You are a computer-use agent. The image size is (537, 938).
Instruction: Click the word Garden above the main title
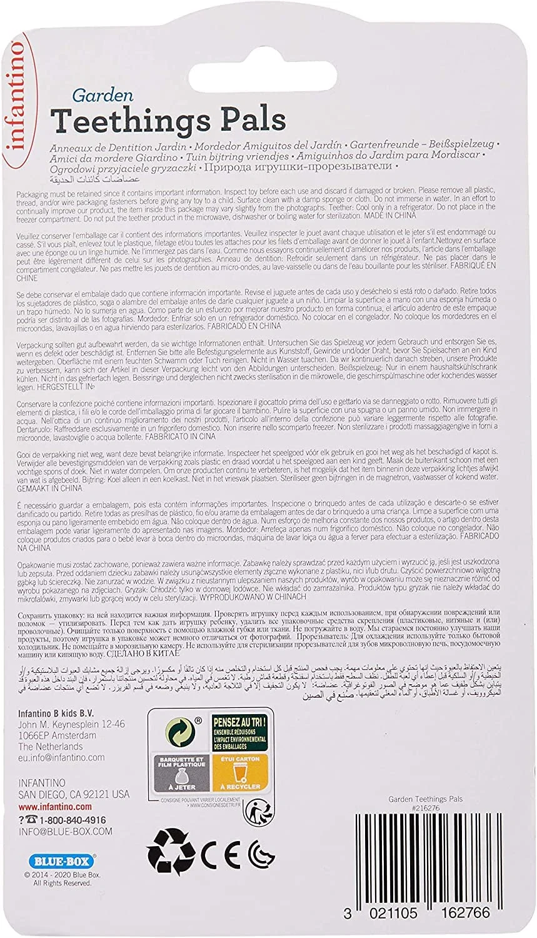click(x=93, y=96)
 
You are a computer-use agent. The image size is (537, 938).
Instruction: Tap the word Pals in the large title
click(x=253, y=119)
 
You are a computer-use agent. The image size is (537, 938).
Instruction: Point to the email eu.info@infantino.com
click(x=61, y=757)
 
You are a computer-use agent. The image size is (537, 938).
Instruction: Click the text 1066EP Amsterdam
click(x=57, y=735)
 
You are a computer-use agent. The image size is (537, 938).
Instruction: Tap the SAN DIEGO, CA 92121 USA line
click(x=74, y=794)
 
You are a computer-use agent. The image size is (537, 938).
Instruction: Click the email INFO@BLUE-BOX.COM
click(x=65, y=831)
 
